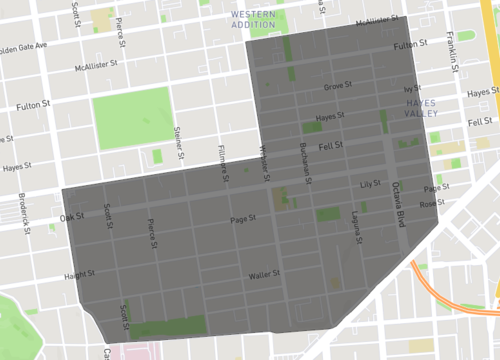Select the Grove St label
[x=338, y=86]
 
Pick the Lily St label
[x=371, y=184]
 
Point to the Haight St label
[x=79, y=273]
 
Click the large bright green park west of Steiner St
[x=133, y=118]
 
